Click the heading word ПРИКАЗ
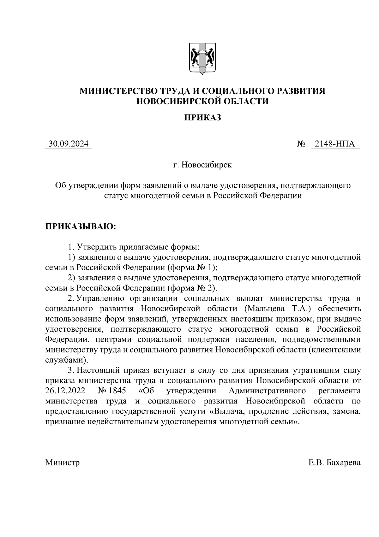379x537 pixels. tap(202, 118)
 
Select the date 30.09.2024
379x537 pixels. tap(69, 144)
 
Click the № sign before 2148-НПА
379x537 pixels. tap(301, 144)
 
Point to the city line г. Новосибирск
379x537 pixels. tap(202, 165)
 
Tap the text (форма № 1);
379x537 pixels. tap(193, 267)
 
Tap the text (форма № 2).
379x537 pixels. tap(193, 288)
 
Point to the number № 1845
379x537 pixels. tap(112, 391)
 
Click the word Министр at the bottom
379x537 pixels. tap(62, 463)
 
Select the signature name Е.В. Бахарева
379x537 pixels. tap(334, 463)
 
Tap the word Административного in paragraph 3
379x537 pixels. tap(267, 391)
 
